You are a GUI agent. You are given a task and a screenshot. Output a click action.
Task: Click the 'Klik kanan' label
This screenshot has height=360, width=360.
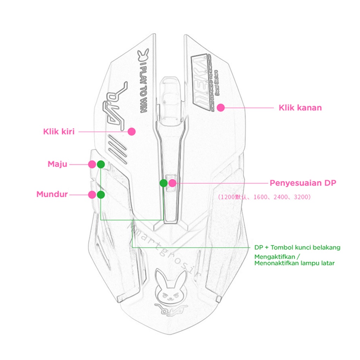[x=300, y=108]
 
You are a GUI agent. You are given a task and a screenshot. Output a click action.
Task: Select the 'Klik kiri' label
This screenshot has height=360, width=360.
[x=59, y=132]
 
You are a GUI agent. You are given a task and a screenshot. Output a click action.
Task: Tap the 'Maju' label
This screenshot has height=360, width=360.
[x=57, y=164]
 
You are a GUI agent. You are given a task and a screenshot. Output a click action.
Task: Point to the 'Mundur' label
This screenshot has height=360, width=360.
[x=52, y=194]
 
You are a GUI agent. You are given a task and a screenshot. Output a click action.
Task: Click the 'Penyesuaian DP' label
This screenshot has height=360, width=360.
[x=303, y=183]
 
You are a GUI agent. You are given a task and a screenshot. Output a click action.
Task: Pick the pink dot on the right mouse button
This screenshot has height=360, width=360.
[x=220, y=108]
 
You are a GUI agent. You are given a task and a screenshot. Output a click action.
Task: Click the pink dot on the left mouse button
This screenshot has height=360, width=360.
[x=131, y=131]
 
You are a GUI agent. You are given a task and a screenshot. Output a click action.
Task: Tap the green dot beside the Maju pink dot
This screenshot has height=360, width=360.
[x=101, y=164]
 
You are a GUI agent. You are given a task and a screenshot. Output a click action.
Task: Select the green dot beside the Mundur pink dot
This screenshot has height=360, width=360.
[x=101, y=195]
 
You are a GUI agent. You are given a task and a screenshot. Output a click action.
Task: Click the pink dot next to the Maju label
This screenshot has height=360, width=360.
[x=92, y=164]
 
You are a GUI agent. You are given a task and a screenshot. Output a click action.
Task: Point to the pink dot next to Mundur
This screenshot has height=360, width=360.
[x=92, y=195]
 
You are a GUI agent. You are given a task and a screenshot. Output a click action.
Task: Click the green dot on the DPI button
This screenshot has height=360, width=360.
[x=163, y=183]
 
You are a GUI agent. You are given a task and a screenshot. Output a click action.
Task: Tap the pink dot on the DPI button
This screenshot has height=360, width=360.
[x=172, y=183]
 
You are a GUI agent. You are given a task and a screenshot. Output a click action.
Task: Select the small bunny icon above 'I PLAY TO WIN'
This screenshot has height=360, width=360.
[x=144, y=53]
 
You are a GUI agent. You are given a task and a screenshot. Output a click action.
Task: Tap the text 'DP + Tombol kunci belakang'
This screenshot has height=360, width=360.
[x=297, y=247]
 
